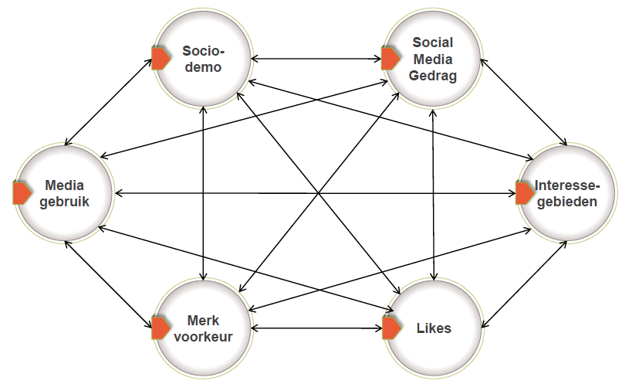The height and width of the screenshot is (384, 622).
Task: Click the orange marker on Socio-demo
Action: pos(161,59)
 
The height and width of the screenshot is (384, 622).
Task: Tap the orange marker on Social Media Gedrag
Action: pos(390,59)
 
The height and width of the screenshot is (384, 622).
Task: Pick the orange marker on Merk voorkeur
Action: pos(161,328)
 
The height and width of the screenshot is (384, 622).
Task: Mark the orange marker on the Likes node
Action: pos(391,328)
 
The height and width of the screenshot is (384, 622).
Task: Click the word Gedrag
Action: pos(434,75)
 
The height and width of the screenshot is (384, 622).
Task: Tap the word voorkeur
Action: pos(203,335)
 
